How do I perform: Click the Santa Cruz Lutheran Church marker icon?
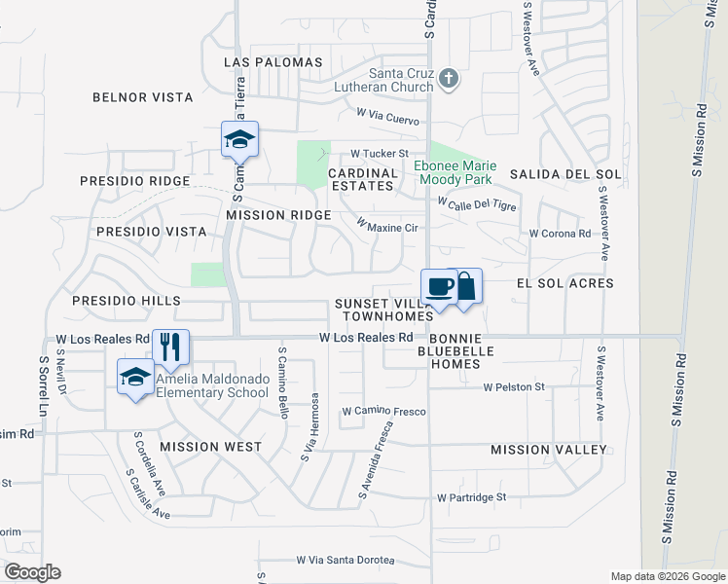448,79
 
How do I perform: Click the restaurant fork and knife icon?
172,347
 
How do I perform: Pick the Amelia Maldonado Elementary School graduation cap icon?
135,376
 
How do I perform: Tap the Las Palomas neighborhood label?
273,62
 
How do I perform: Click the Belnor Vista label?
134,97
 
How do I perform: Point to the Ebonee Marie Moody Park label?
455,172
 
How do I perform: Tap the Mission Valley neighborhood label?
549,450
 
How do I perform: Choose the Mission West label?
210,447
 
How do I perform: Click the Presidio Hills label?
126,302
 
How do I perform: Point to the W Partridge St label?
472,496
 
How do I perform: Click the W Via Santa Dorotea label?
346,561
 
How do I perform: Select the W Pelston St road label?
514,387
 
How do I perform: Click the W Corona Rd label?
560,234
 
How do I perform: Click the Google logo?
33,572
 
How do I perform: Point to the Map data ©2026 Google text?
667,576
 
